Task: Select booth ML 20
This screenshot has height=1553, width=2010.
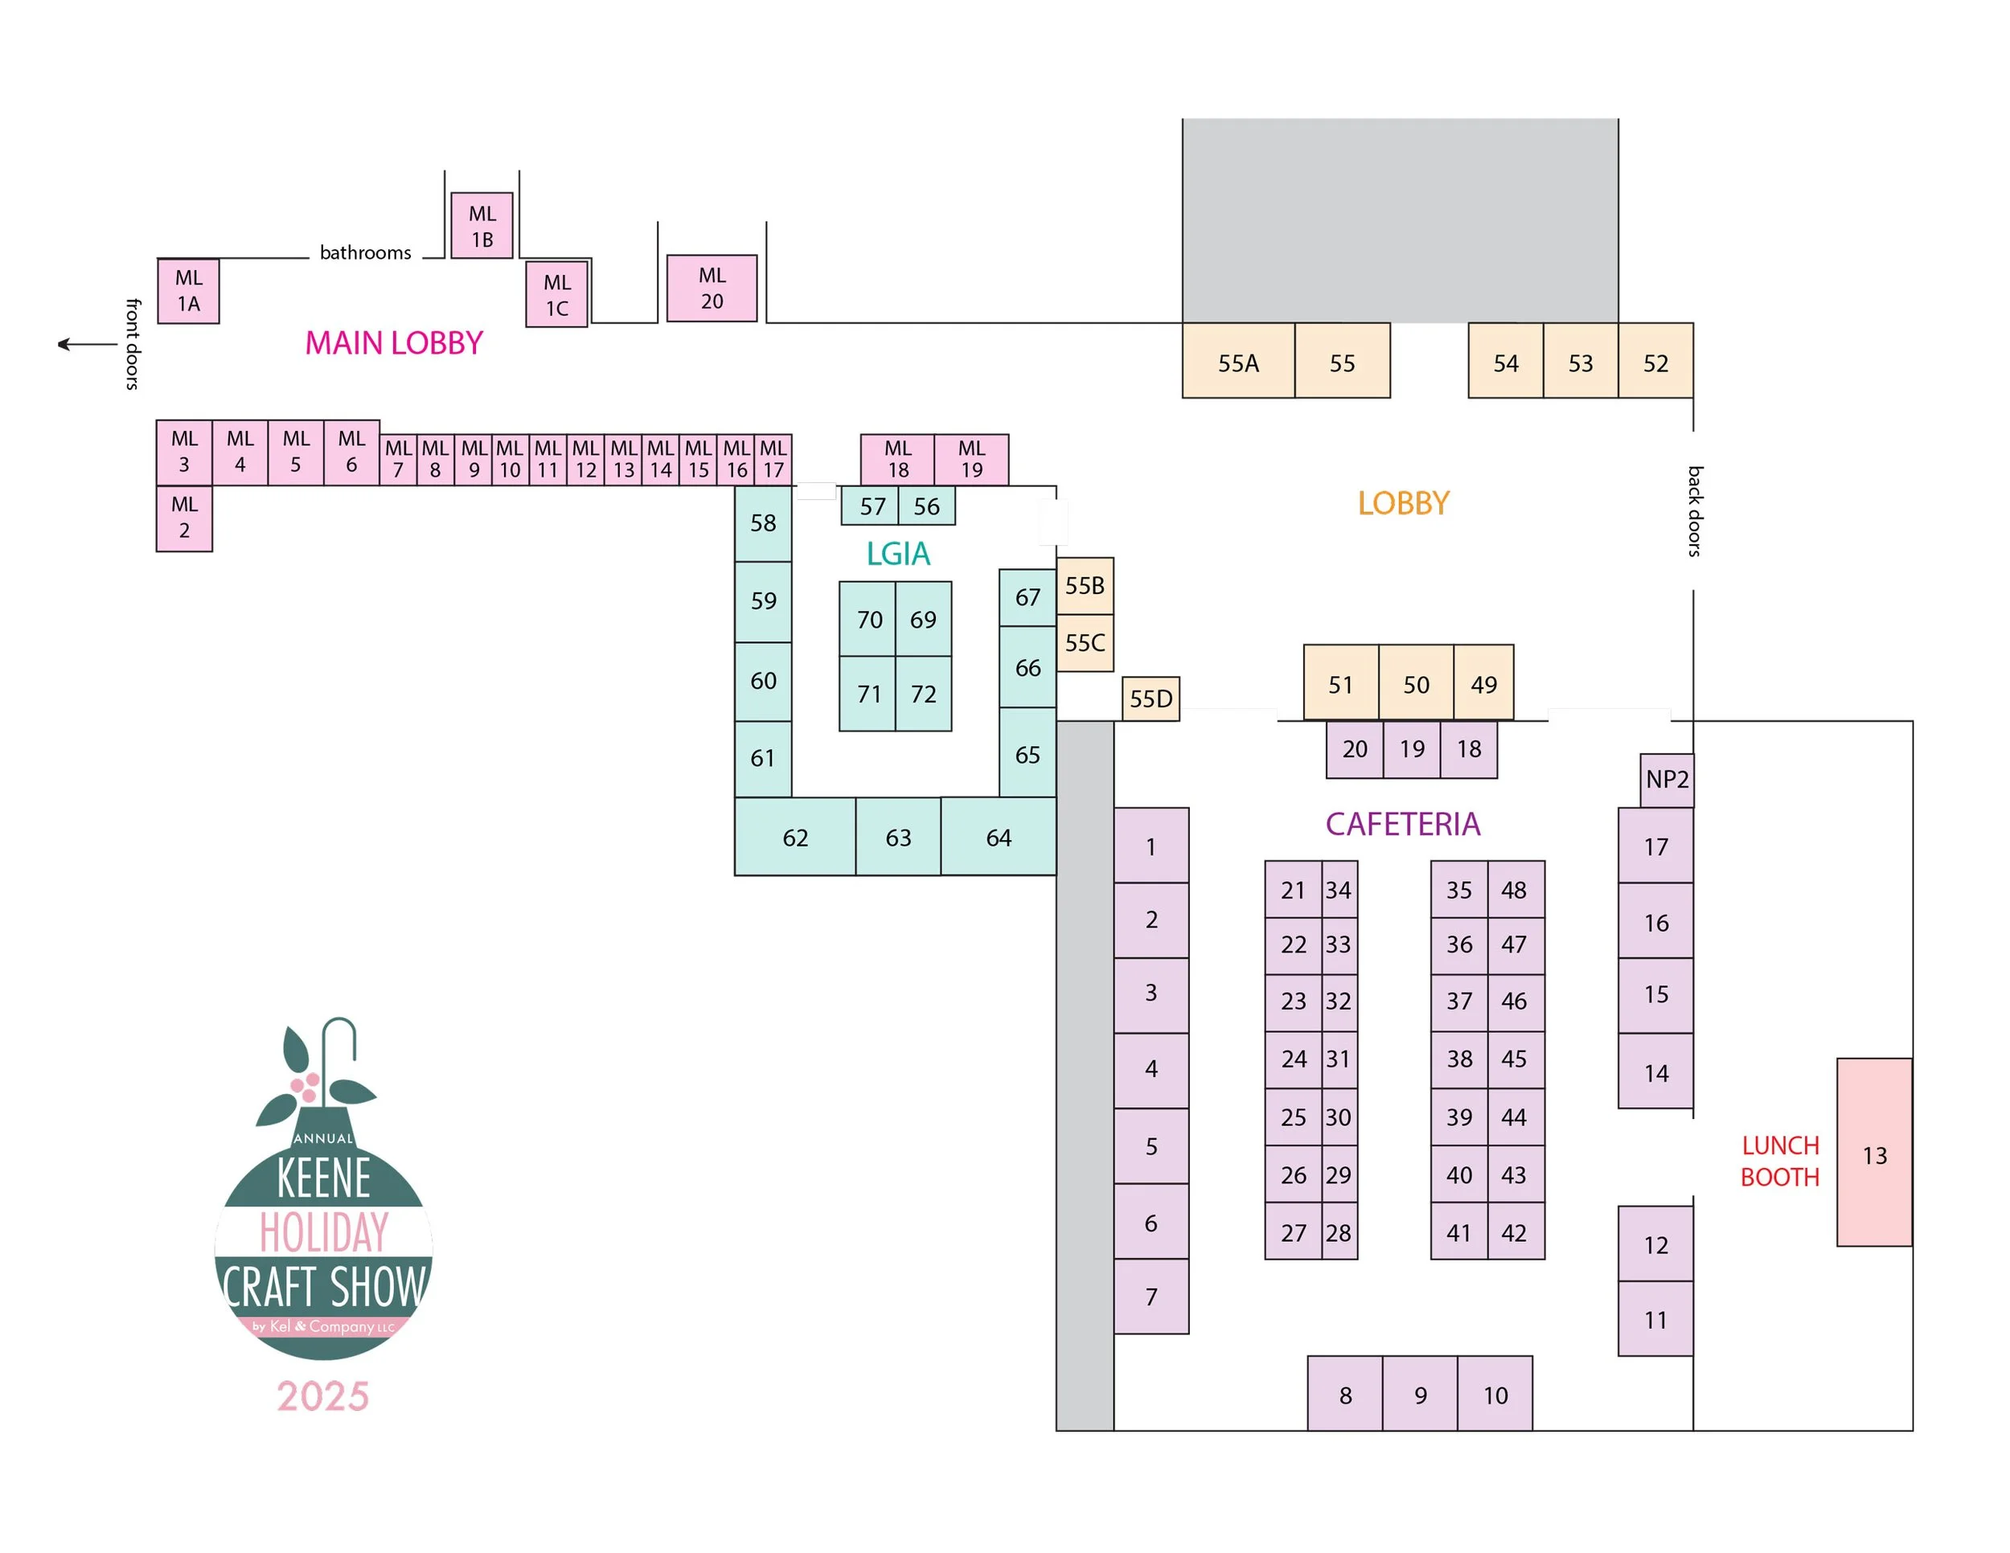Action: [x=712, y=288]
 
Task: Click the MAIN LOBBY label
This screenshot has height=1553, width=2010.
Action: [x=394, y=343]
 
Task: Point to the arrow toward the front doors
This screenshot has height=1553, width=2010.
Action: [x=88, y=345]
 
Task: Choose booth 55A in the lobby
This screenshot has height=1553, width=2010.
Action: [x=1238, y=363]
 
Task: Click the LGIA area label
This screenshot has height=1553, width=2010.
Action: [x=898, y=553]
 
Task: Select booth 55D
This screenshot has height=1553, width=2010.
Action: [x=1151, y=699]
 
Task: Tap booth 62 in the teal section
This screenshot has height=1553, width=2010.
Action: [x=795, y=838]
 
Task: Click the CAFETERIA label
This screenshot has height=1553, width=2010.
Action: [x=1403, y=823]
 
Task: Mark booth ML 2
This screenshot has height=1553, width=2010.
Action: [x=184, y=517]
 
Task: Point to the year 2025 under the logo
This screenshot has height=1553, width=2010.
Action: [x=323, y=1395]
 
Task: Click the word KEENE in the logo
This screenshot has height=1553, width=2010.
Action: [x=324, y=1178]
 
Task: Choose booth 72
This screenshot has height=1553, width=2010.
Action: [x=923, y=694]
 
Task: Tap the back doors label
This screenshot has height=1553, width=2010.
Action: [x=1694, y=510]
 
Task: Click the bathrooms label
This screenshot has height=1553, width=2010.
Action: [x=365, y=252]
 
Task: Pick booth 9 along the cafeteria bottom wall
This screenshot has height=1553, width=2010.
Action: [x=1420, y=1395]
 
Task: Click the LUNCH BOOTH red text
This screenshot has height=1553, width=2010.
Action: [x=1780, y=1161]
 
